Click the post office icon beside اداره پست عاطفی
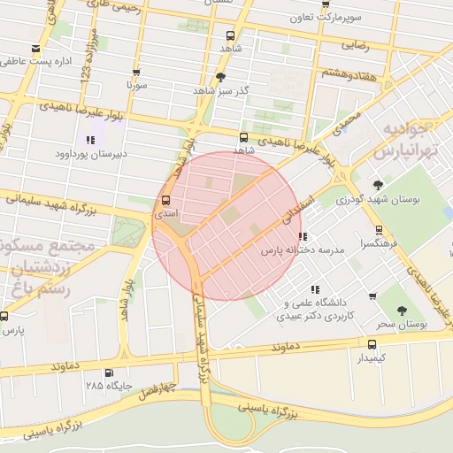pos(35,48)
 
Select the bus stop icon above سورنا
pos(135,73)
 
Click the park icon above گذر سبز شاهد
pos(220,77)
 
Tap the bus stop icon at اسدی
pos(165,201)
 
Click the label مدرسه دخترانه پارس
pos(301,251)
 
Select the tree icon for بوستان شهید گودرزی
pos(379,185)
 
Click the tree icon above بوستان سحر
pos(402,311)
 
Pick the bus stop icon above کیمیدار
pos(371,344)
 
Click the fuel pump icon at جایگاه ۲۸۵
pos(109,372)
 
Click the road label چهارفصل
pos(161,388)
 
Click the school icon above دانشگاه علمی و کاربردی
pos(315,288)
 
